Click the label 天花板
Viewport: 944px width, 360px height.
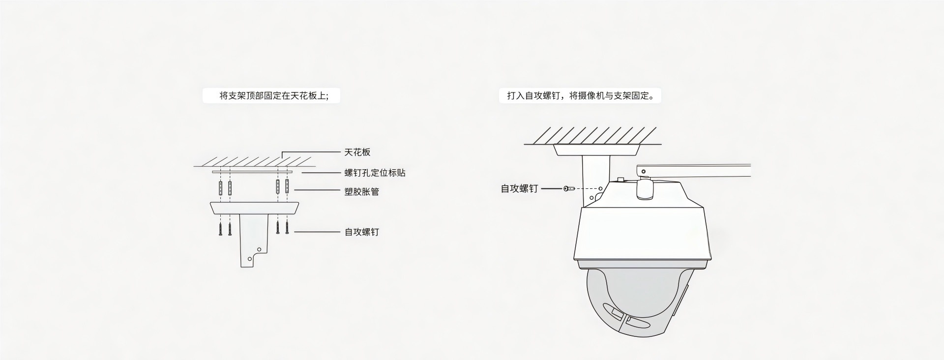[x=357, y=152]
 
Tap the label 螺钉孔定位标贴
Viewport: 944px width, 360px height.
[x=375, y=173]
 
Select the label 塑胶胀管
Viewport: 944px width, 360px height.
[x=361, y=192]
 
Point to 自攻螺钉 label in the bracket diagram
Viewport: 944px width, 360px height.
[x=361, y=232]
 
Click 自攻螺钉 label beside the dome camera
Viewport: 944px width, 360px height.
[x=519, y=188]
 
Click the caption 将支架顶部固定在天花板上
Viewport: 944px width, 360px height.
[x=271, y=95]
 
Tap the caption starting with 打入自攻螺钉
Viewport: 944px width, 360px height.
[x=580, y=95]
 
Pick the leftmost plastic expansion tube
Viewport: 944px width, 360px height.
[x=221, y=187]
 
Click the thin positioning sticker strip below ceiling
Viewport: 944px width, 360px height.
[x=252, y=172]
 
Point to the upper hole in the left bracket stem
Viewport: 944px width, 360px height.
[x=260, y=248]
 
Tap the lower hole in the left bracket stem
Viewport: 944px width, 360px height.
[x=250, y=258]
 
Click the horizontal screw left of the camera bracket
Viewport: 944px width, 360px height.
[x=569, y=188]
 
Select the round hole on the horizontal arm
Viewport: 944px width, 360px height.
[x=644, y=172]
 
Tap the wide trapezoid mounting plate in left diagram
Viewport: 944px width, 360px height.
[x=254, y=208]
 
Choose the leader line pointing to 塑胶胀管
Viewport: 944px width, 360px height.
[x=317, y=190]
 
